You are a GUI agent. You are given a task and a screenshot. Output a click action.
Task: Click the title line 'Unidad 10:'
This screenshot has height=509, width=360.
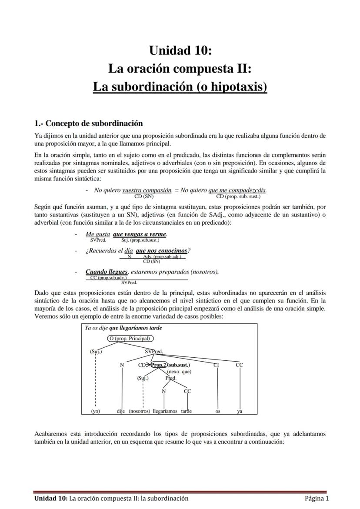point(180,51)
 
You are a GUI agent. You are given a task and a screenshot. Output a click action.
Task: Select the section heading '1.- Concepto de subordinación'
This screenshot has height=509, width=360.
point(89,123)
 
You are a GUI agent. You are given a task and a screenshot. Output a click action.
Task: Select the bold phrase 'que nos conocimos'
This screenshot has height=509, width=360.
point(161,251)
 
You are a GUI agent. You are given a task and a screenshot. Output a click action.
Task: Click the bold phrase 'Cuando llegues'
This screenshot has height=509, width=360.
point(107,272)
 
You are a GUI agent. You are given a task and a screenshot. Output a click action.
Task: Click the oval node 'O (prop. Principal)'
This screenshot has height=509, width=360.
point(130,339)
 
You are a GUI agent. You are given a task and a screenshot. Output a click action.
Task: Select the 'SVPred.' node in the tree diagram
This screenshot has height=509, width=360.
point(154,351)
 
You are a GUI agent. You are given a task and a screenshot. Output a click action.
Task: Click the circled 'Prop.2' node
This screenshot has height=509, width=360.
point(159,365)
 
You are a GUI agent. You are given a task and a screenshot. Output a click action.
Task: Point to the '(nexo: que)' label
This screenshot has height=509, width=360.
point(179,372)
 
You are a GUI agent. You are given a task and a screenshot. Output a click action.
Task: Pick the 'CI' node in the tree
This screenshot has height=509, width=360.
point(216,365)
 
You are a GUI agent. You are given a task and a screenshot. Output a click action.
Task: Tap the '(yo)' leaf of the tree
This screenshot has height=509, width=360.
point(96,411)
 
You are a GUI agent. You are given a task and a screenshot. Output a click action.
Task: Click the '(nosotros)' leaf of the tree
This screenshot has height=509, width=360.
point(140,411)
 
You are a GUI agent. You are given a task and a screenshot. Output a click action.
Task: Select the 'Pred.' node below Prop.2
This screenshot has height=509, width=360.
point(171,378)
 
